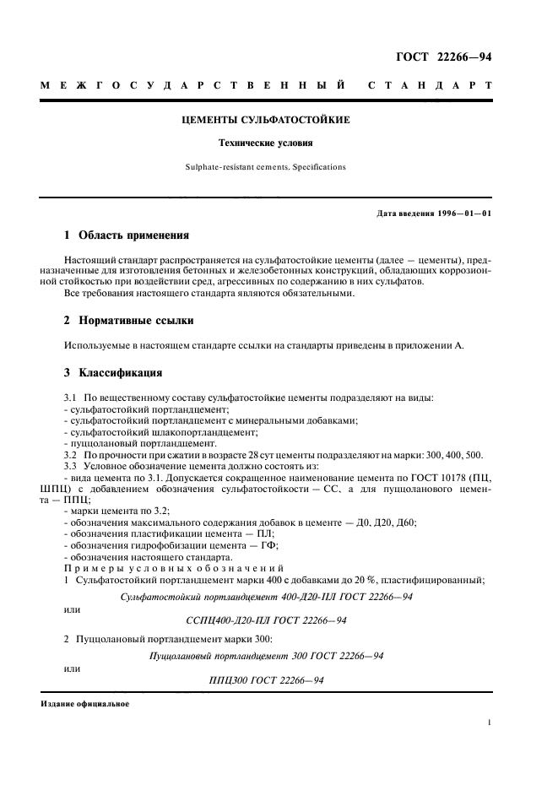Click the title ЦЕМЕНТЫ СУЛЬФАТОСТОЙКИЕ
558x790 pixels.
point(266,120)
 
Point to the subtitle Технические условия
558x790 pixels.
point(266,143)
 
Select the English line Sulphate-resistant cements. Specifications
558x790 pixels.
point(266,167)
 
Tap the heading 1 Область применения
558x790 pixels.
point(127,235)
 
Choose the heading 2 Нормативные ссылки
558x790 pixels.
point(129,321)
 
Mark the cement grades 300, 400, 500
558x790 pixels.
point(452,455)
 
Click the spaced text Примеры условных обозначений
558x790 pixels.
point(138,568)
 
